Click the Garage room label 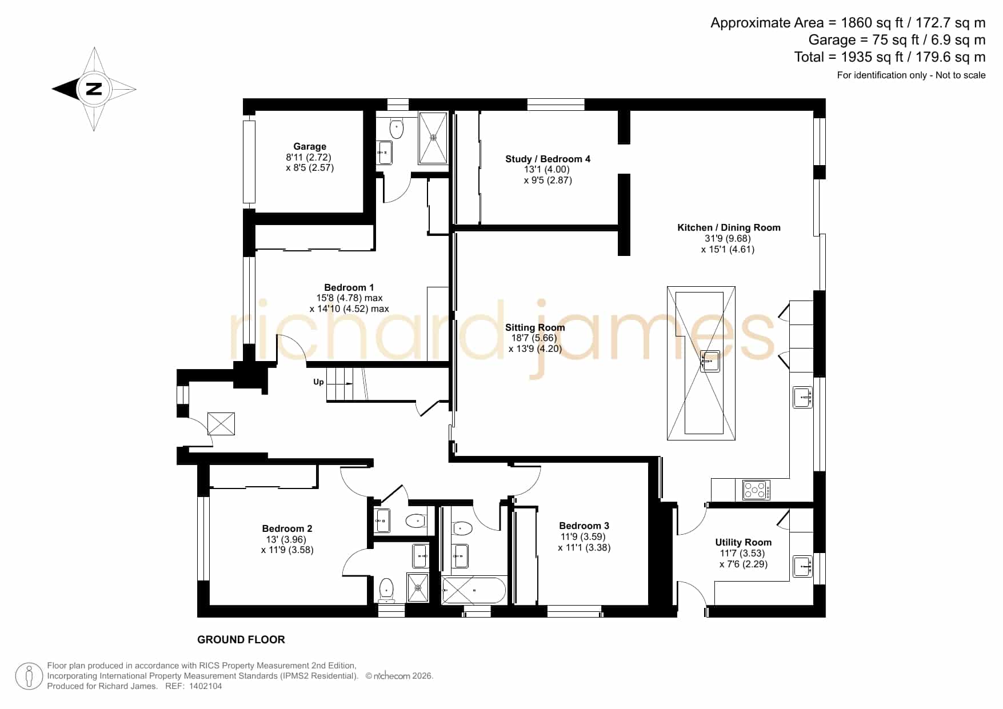(310, 146)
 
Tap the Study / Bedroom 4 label (548, 159)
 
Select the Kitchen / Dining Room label (729, 227)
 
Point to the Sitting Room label (535, 327)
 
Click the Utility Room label (743, 542)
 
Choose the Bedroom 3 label (584, 526)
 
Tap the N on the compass (94, 89)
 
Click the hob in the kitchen (756, 490)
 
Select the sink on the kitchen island (710, 362)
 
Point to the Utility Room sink (803, 566)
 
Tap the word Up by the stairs (318, 382)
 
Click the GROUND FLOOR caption (241, 640)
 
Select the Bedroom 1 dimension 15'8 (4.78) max (349, 298)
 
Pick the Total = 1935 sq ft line (890, 57)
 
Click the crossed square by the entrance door (221, 424)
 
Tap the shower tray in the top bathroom (433, 138)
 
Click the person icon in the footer (29, 677)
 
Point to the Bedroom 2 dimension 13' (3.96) (286, 539)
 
